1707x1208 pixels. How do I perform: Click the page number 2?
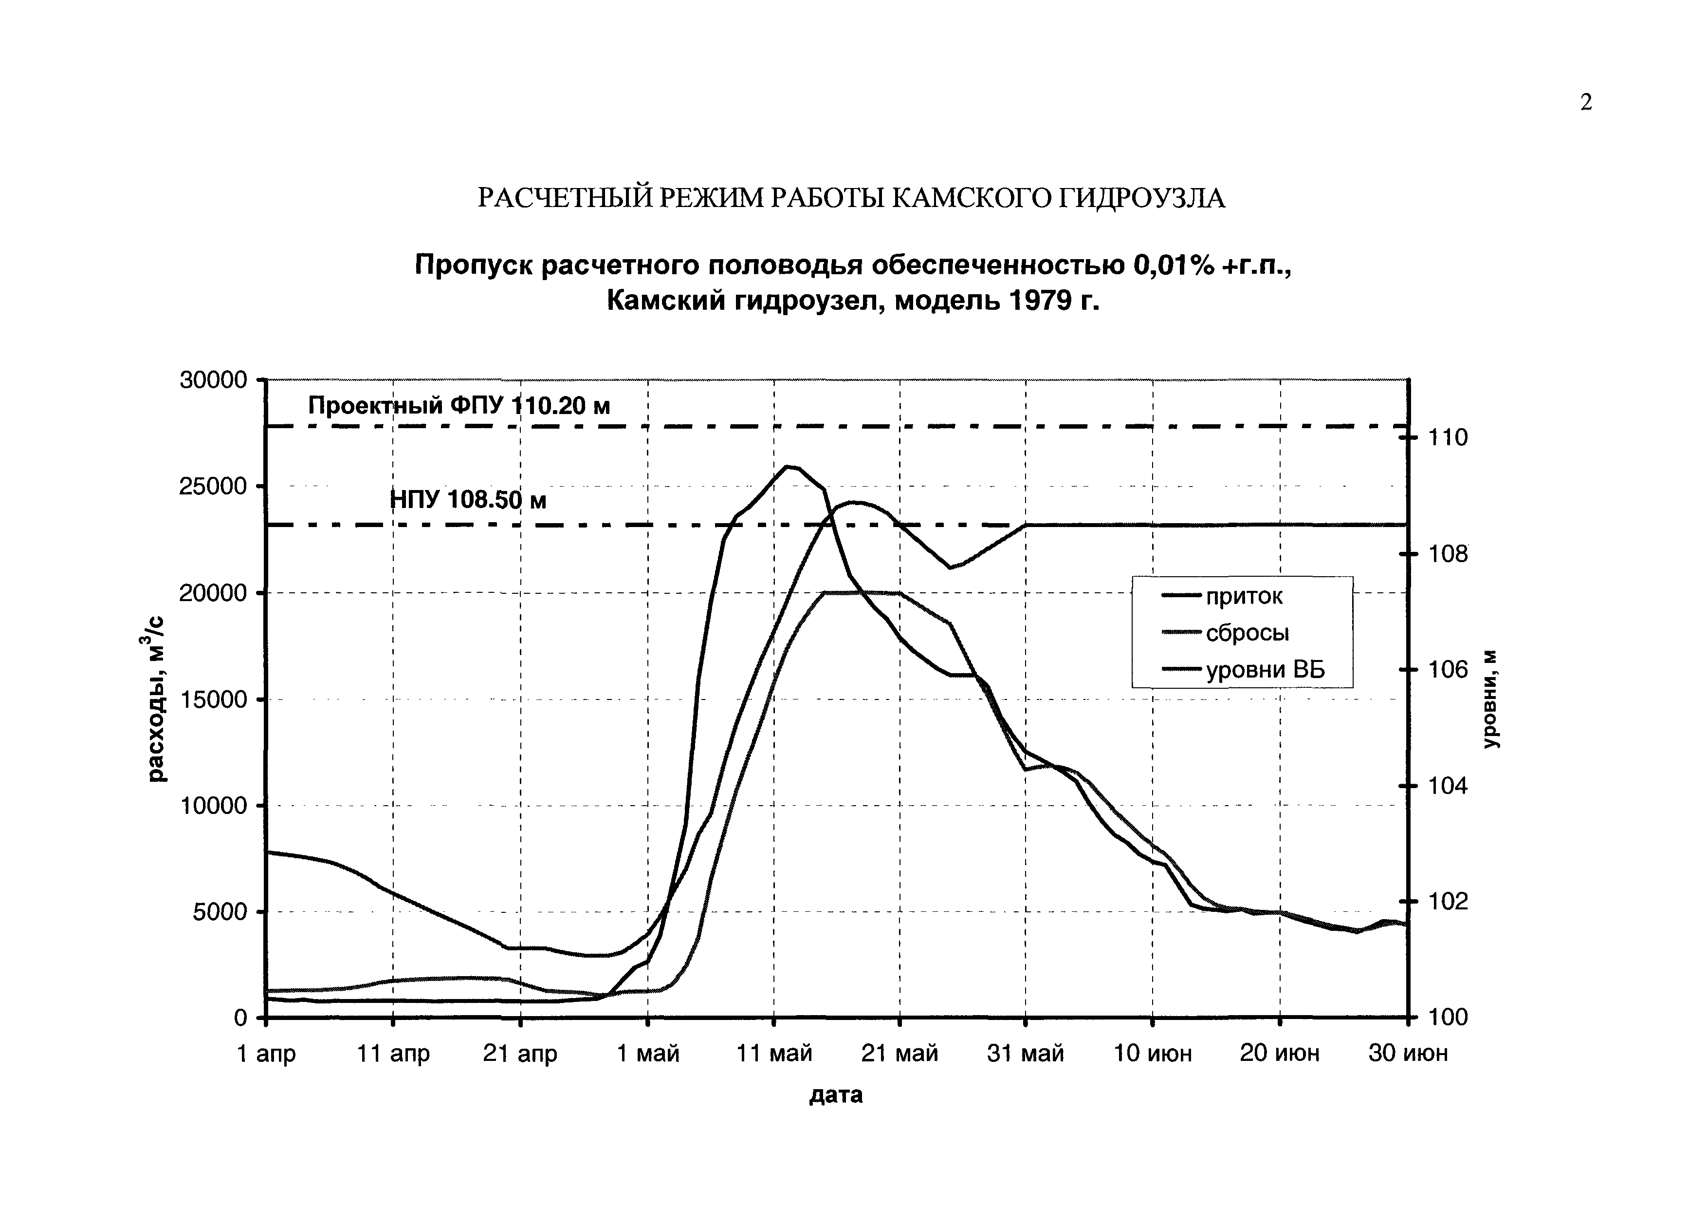[x=1586, y=103]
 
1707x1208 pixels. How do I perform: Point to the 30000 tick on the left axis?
[x=213, y=380]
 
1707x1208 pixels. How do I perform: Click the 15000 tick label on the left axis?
[x=213, y=700]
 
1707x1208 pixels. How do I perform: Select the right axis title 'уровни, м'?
[x=1491, y=699]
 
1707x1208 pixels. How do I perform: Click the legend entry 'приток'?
[x=1244, y=597]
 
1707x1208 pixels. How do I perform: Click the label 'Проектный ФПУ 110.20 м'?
[x=459, y=406]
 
